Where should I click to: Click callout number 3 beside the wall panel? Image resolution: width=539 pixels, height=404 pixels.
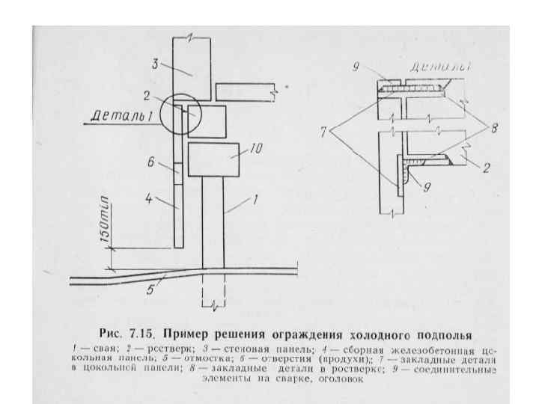(x=155, y=64)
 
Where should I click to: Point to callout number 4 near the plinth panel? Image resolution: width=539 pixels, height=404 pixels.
(x=149, y=199)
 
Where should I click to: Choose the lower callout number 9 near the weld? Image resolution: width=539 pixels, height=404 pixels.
(x=426, y=189)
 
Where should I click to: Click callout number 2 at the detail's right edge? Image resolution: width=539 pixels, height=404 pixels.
(x=485, y=168)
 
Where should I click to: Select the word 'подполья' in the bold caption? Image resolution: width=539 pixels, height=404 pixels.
(x=441, y=334)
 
